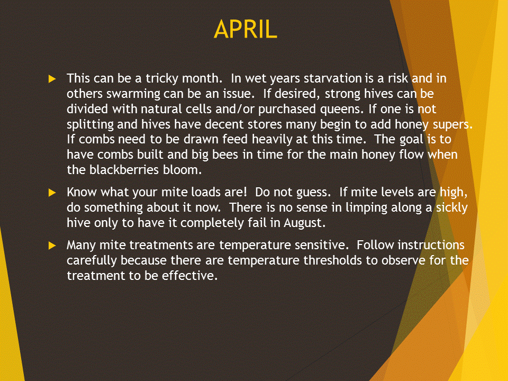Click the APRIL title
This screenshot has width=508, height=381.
[x=245, y=29]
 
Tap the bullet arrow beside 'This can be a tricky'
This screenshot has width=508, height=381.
[x=52, y=79]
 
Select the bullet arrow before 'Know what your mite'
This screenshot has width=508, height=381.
[x=52, y=193]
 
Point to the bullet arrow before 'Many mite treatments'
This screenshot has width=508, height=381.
[x=52, y=246]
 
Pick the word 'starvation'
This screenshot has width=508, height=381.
[x=332, y=78]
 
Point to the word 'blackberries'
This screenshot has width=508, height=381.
[x=124, y=170]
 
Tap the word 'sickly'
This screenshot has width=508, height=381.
[x=452, y=207]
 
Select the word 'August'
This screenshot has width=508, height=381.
[x=303, y=223]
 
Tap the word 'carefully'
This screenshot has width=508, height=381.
[x=92, y=260]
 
